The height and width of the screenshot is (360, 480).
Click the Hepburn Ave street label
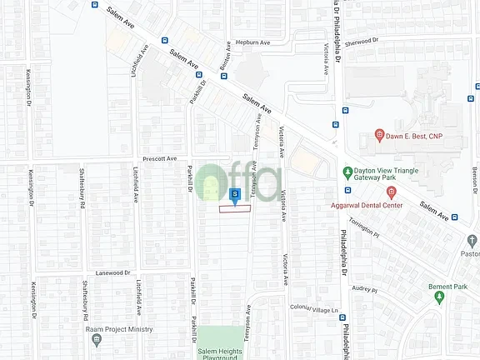coord(253,43)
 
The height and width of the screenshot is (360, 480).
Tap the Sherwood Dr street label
coord(361,40)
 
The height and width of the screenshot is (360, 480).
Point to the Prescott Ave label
coord(161,157)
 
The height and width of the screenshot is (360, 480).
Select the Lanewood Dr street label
coord(113,272)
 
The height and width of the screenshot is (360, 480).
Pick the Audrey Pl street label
coord(365,290)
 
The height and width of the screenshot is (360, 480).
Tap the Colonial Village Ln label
coord(313,309)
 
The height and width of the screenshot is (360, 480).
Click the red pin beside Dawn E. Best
coord(378,135)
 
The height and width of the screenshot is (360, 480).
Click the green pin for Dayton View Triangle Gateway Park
coord(347,172)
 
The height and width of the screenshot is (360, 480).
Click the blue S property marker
coord(235,195)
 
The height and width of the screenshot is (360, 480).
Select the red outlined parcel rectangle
coord(235,209)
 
